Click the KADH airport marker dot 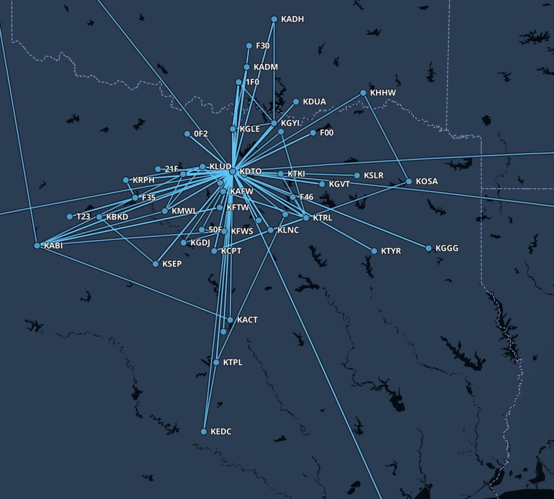(274, 19)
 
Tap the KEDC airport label (221, 432)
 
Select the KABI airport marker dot (37, 246)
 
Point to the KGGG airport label (446, 248)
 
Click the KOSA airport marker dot (409, 181)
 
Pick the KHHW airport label (383, 93)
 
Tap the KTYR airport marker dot (374, 251)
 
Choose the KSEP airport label (172, 264)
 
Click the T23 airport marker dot (69, 216)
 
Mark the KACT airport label (247, 320)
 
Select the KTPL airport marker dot (216, 362)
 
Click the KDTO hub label (250, 172)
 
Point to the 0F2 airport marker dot (187, 134)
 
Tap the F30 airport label (262, 46)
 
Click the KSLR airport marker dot (357, 175)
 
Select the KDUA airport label (314, 102)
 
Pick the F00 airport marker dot (313, 133)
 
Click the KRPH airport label (143, 180)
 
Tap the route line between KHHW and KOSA (386, 136)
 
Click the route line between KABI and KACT (133, 283)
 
